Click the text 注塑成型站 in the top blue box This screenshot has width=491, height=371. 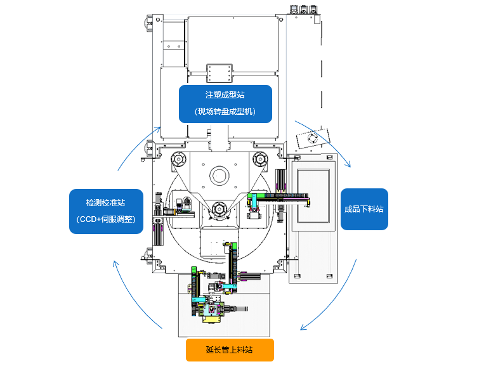point(225,94)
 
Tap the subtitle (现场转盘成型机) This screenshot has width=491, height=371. point(225,112)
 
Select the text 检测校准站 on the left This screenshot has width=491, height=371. point(105,203)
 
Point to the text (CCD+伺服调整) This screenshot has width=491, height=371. point(105,219)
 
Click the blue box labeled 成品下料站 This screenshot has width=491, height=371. point(364,209)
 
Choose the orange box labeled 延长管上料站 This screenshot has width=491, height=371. point(230,349)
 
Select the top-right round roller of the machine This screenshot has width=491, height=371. point(260,158)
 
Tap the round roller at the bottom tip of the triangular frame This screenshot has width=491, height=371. point(219,207)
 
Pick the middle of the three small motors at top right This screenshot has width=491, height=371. point(303,9)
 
